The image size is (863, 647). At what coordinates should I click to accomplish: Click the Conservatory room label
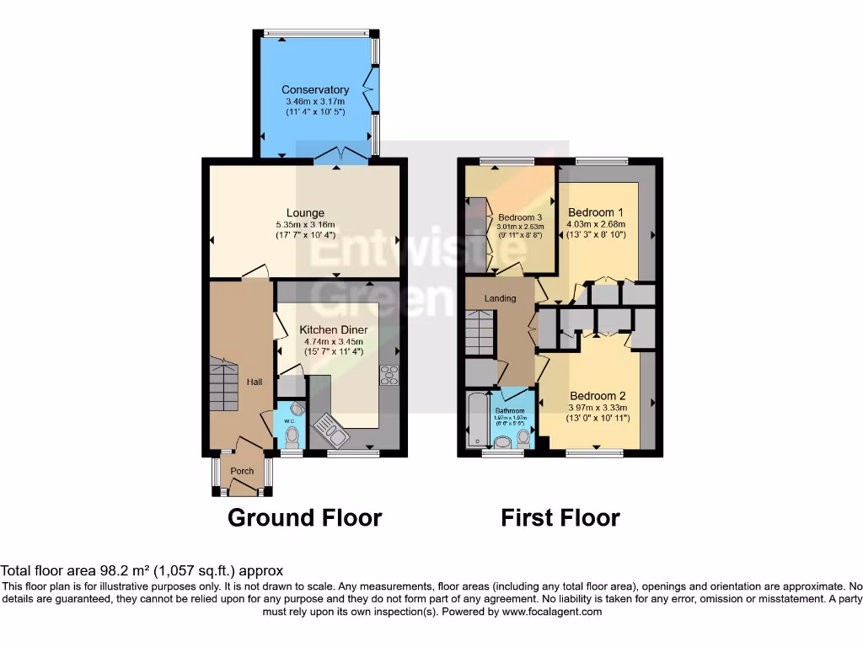point(315,89)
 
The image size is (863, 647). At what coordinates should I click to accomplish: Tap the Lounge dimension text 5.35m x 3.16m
point(305,225)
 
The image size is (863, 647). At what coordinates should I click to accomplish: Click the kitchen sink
point(328,432)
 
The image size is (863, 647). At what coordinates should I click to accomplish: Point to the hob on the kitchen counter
point(389,376)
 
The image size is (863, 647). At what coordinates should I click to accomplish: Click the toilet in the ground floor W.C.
point(292,437)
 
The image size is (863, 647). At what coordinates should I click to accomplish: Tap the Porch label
point(242,471)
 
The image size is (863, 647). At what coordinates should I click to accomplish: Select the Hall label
point(254,382)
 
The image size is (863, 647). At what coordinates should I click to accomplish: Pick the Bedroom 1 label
point(596,211)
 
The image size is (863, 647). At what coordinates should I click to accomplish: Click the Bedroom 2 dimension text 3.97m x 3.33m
point(598,408)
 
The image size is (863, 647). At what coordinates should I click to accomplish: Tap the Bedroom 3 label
point(519,217)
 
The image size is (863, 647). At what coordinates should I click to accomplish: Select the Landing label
point(500,298)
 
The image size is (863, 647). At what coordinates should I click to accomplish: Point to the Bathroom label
point(510,411)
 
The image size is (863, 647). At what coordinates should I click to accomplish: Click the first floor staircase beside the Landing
point(478,334)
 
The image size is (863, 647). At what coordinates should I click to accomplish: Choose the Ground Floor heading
point(304,517)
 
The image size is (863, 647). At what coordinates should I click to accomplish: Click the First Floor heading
point(560,517)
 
